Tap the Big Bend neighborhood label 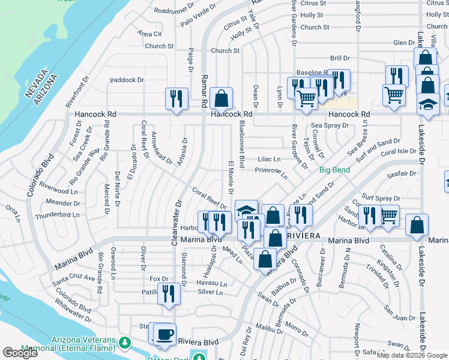tap(334, 170)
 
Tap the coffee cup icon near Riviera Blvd tap(164, 334)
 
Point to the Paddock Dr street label tap(127, 80)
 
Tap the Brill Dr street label tap(339, 58)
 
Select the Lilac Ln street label tap(269, 159)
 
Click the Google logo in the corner tap(20, 353)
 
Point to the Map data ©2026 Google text tap(411, 355)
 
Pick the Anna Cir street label tap(149, 34)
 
